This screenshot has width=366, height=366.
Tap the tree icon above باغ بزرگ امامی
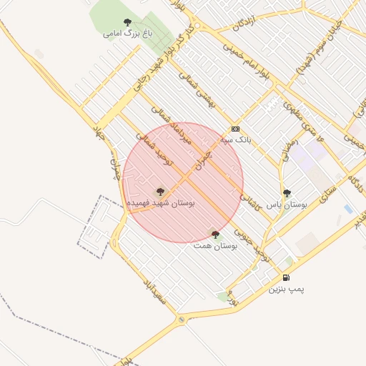128,22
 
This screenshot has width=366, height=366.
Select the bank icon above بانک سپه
236,129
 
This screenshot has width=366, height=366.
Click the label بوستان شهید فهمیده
161,203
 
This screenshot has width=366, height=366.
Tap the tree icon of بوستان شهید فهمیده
160,191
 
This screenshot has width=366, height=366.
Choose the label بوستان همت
215,245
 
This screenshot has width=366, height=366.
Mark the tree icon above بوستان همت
215,234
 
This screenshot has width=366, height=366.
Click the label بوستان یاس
287,204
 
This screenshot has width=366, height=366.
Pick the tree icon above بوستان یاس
287,193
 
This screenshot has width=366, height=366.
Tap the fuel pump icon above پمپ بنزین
286,277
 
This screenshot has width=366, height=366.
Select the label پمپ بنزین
287,290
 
